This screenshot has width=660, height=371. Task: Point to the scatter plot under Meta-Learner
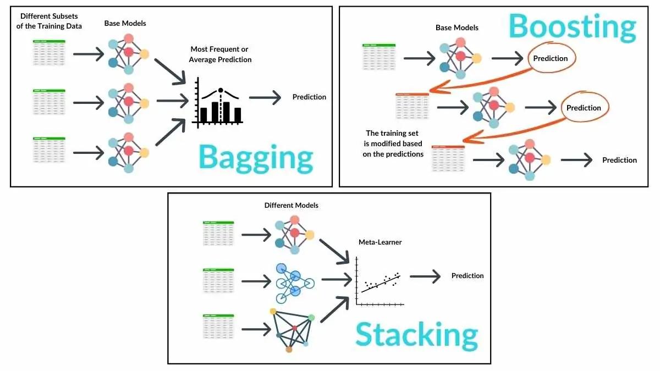click(x=380, y=281)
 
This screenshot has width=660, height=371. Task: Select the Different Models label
click(x=291, y=205)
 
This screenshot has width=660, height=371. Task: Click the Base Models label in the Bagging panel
click(x=125, y=24)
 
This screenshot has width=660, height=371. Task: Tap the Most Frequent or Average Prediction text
click(x=220, y=54)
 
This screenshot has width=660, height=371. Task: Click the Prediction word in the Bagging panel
click(x=309, y=97)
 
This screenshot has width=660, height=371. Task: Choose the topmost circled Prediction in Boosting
click(x=551, y=58)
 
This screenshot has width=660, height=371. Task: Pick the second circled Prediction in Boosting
click(x=584, y=108)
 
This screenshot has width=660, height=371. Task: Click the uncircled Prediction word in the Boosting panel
click(x=619, y=160)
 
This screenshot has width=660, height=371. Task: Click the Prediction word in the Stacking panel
click(x=468, y=275)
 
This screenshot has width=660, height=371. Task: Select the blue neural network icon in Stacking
click(x=294, y=283)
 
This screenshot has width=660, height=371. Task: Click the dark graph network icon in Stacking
click(x=291, y=328)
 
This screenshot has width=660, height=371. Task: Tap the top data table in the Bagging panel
click(x=48, y=54)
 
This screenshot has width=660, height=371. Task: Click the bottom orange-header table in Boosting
click(x=448, y=160)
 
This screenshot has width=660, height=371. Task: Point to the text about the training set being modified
click(x=394, y=143)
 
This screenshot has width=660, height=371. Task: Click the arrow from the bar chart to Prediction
click(x=266, y=97)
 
